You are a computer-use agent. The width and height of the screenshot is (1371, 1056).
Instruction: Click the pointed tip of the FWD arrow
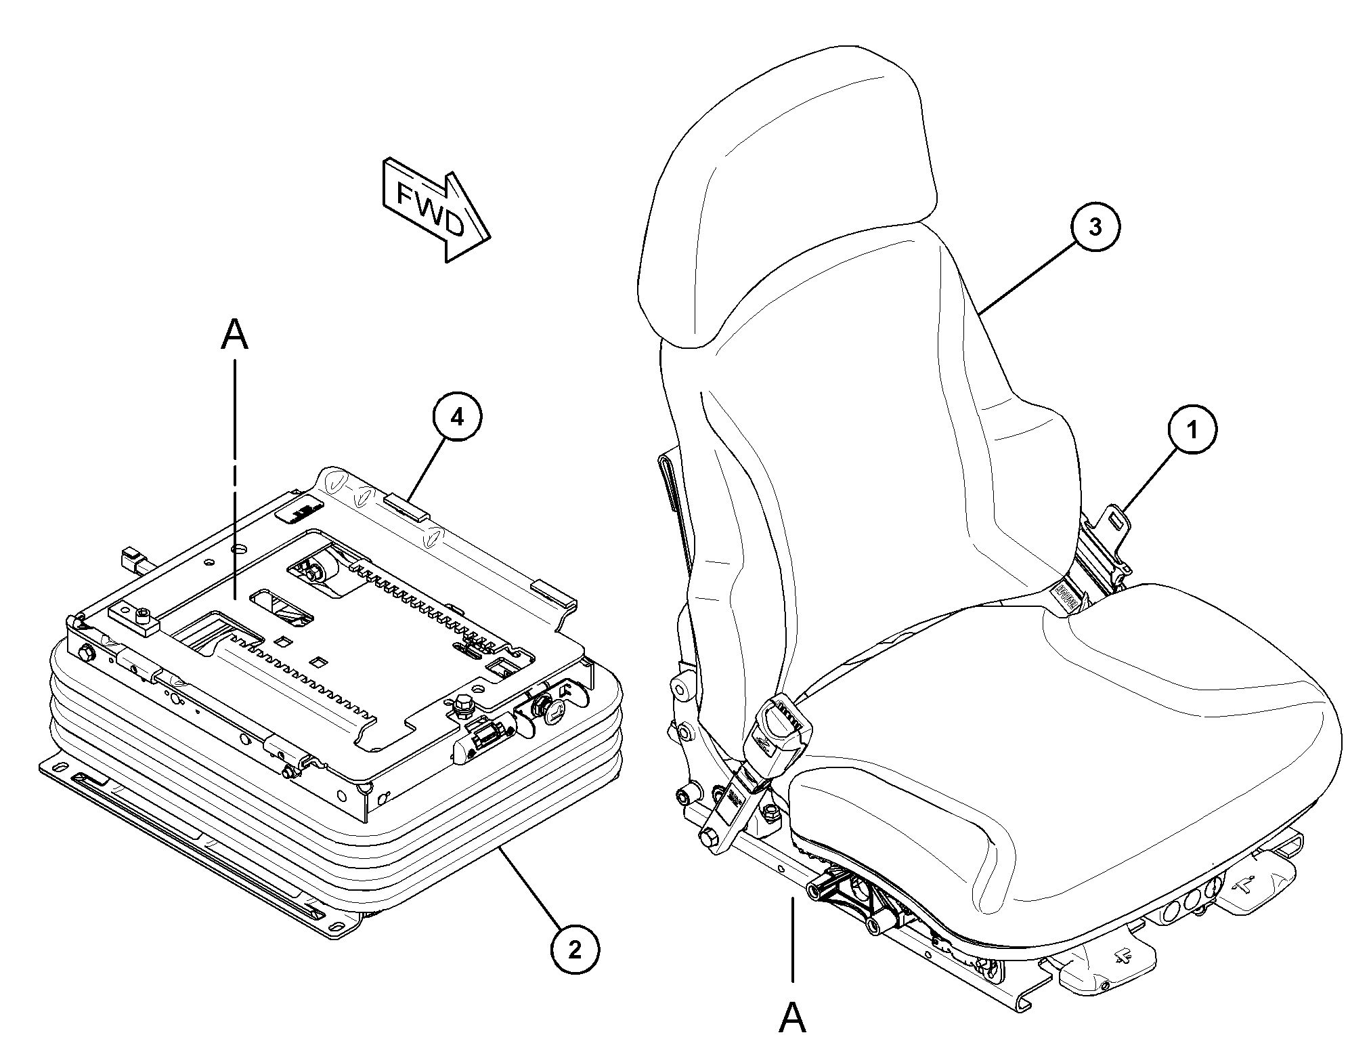click(x=489, y=239)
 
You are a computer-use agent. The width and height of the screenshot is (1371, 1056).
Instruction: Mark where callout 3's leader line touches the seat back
click(x=980, y=313)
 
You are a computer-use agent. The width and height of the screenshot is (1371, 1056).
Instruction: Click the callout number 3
click(x=1095, y=228)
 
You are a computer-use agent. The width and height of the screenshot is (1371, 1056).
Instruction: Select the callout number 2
click(x=575, y=950)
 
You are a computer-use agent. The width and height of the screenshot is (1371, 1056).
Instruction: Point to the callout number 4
click(x=458, y=418)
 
